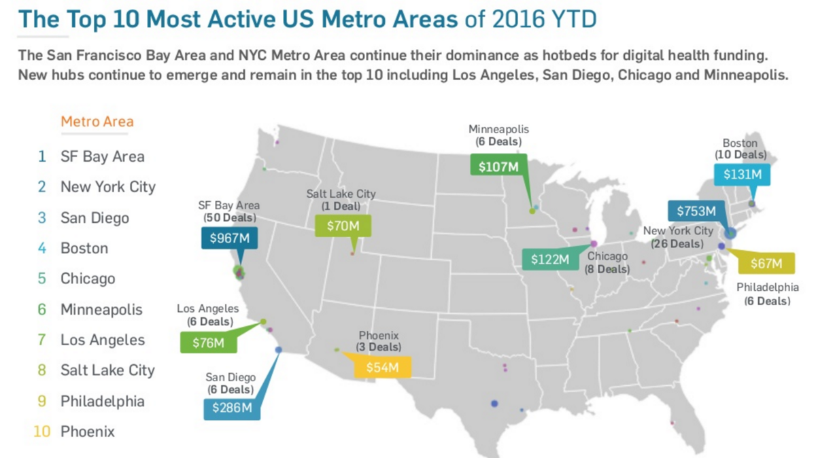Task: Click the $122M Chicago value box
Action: [549, 259]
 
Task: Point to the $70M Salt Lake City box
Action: [337, 226]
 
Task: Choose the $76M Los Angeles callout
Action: [208, 342]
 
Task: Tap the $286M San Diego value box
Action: [232, 408]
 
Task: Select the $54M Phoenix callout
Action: [382, 368]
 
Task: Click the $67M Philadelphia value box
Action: [765, 264]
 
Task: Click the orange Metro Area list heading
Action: [97, 122]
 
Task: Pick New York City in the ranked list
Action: [108, 187]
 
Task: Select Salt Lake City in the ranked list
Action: [107, 370]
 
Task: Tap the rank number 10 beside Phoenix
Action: [42, 431]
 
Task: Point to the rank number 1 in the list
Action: [42, 156]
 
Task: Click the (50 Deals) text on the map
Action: [230, 218]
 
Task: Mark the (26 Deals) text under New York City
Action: [677, 243]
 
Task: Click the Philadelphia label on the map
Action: [768, 287]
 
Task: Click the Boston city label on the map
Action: [740, 143]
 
